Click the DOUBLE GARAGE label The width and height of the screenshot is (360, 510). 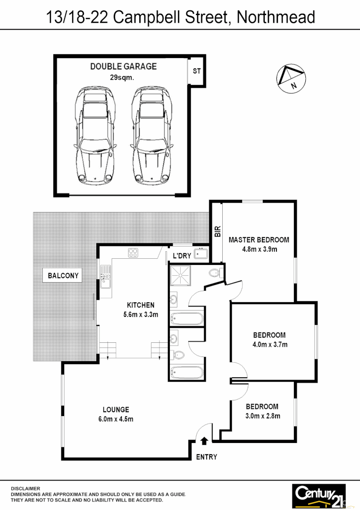tap(123, 67)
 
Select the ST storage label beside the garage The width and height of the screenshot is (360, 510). tap(197, 71)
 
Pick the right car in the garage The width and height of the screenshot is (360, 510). tap(151, 135)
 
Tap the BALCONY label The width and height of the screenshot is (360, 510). tap(63, 276)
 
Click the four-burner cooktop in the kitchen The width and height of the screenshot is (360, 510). tap(133, 253)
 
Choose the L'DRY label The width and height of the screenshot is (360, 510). tap(182, 255)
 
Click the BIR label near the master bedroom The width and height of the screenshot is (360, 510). tap(217, 231)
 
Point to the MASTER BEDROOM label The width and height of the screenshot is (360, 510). tap(259, 239)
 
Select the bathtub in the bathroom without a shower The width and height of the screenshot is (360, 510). tap(187, 373)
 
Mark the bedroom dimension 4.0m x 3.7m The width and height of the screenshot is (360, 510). tap(270, 345)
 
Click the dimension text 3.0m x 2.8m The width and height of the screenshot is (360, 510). tap(263, 416)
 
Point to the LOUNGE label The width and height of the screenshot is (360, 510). tap(116, 409)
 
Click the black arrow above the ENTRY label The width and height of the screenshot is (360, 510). tap(204, 441)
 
